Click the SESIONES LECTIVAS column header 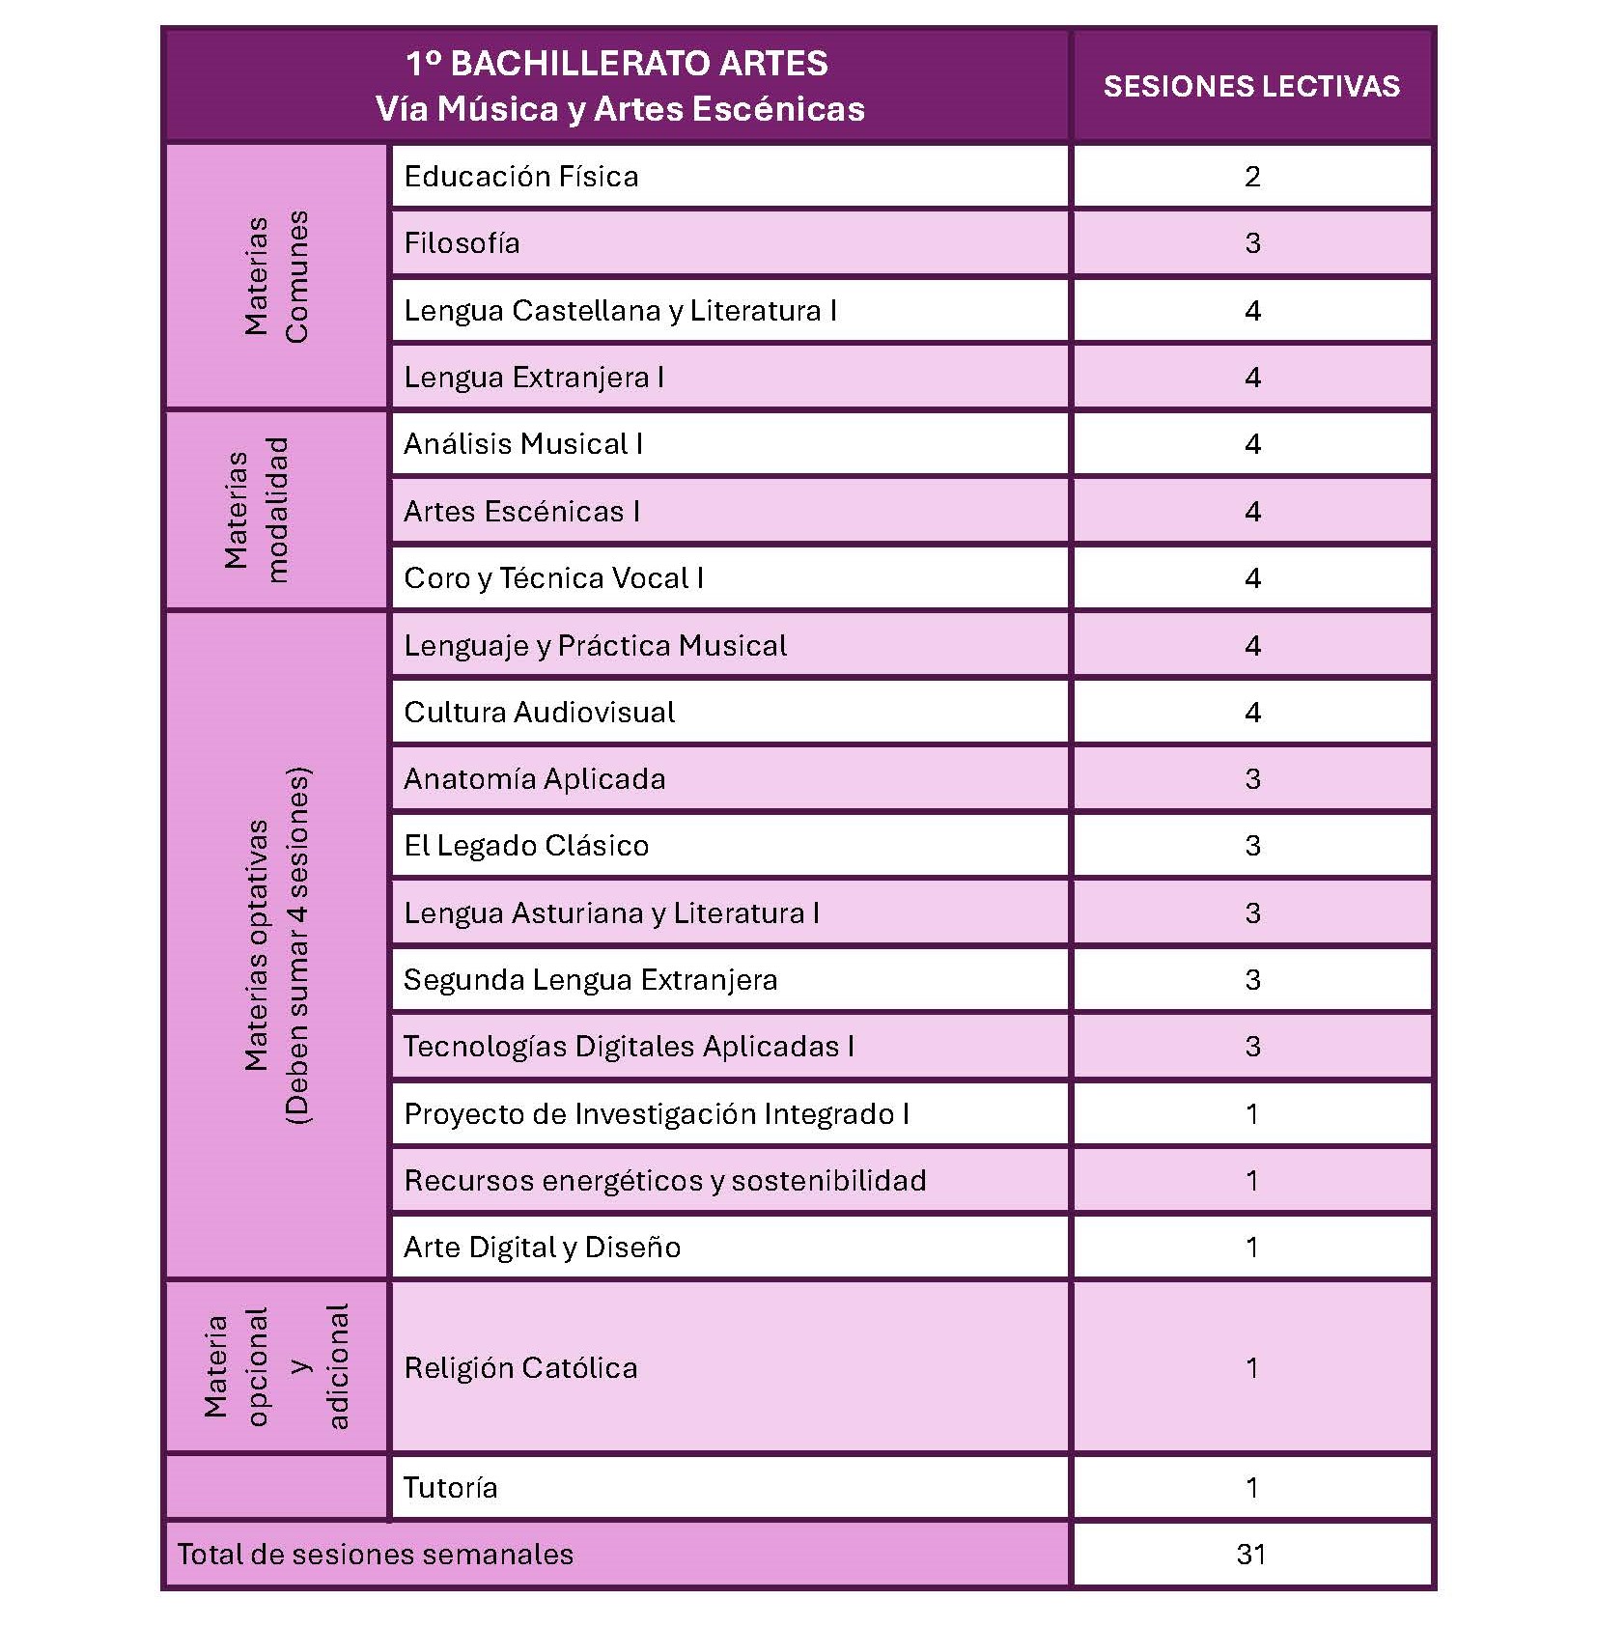1251,86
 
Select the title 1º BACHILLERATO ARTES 616,64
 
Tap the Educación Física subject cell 521,177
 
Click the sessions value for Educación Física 1251,177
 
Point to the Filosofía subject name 462,243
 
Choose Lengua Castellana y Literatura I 620,311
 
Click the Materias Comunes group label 276,277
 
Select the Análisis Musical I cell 523,444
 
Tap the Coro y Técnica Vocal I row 553,578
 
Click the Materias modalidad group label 257,510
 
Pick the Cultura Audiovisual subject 539,713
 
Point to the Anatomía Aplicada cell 534,779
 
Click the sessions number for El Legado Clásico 1251,846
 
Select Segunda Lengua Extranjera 590,980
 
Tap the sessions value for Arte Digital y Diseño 1251,1248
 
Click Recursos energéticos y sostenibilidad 664,1181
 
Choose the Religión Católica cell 520,1368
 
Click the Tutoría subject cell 450,1488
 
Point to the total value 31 1251,1555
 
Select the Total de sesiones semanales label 375,1555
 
